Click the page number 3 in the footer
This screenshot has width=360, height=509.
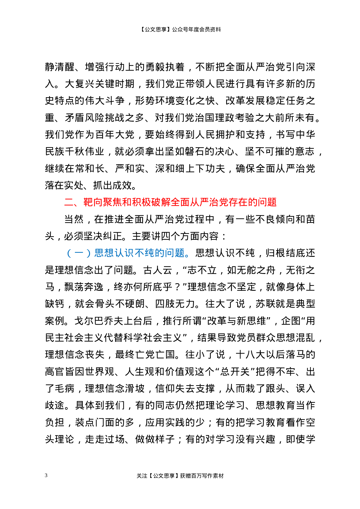[46, 475]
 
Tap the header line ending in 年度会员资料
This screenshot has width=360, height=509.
[180, 29]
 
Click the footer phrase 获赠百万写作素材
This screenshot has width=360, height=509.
[202, 476]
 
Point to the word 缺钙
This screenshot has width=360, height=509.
[55, 304]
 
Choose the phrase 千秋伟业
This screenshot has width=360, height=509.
[84, 151]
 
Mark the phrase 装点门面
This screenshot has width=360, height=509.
[95, 422]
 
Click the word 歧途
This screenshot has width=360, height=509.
[55, 405]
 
